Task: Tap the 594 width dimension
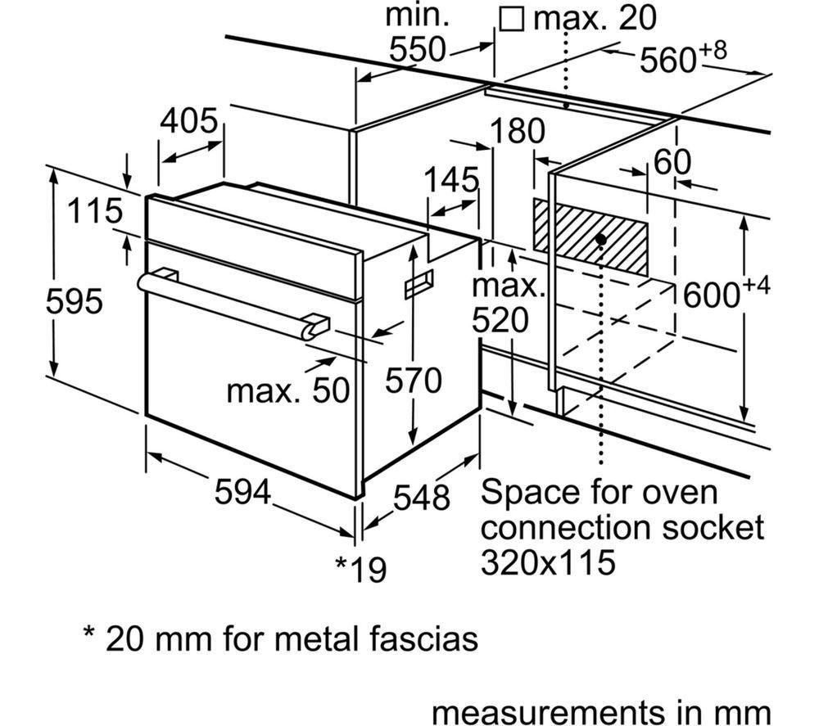[242, 493]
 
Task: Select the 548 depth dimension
[422, 498]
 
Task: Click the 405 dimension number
[190, 121]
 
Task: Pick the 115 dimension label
[95, 212]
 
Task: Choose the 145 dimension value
[451, 179]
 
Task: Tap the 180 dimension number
[518, 131]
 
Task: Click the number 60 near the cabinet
[672, 162]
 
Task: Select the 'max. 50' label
[287, 390]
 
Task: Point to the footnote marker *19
[360, 568]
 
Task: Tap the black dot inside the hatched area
[601, 239]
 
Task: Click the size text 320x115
[548, 562]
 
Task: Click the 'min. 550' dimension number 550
[418, 50]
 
